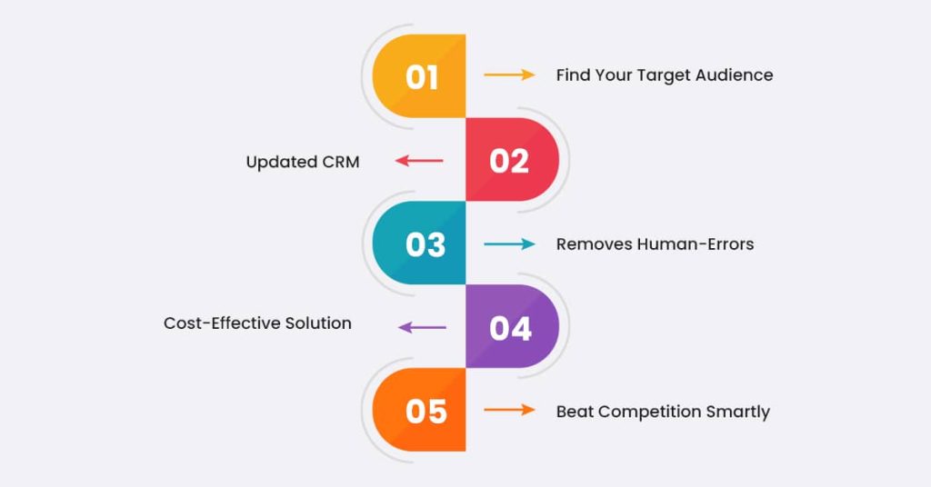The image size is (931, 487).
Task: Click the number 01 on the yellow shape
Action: click(422, 77)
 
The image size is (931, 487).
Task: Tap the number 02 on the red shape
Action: click(509, 161)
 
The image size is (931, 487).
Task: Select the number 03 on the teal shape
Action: click(425, 244)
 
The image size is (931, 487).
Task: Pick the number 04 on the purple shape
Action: click(510, 328)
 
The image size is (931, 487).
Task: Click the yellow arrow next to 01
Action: click(509, 75)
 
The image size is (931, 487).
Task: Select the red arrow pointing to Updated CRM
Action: click(419, 161)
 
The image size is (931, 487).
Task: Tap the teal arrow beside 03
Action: click(509, 243)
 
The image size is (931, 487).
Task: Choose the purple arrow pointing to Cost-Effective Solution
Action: click(422, 327)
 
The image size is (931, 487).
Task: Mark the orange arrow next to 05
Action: click(509, 410)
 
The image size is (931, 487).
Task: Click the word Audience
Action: click(735, 75)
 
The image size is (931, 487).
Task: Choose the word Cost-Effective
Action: click(224, 323)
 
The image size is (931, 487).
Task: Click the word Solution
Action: click(319, 323)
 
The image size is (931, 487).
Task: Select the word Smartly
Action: click(737, 412)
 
